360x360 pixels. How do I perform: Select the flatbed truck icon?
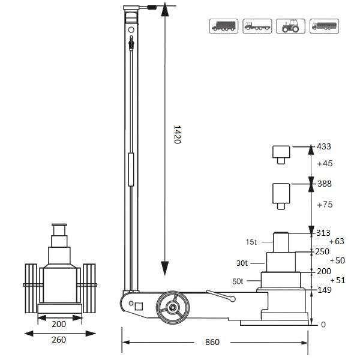pyautogui.click(x=257, y=26)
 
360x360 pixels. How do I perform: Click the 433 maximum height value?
pyautogui.click(x=324, y=146)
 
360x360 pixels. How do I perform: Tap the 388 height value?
pyautogui.click(x=324, y=184)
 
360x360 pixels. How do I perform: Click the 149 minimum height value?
pyautogui.click(x=324, y=289)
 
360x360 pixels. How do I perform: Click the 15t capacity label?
pyautogui.click(x=251, y=242)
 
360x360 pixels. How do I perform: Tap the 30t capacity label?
pyautogui.click(x=242, y=263)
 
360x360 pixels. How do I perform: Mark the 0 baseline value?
pyautogui.click(x=323, y=325)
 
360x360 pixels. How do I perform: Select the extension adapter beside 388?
pyautogui.click(x=280, y=194)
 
